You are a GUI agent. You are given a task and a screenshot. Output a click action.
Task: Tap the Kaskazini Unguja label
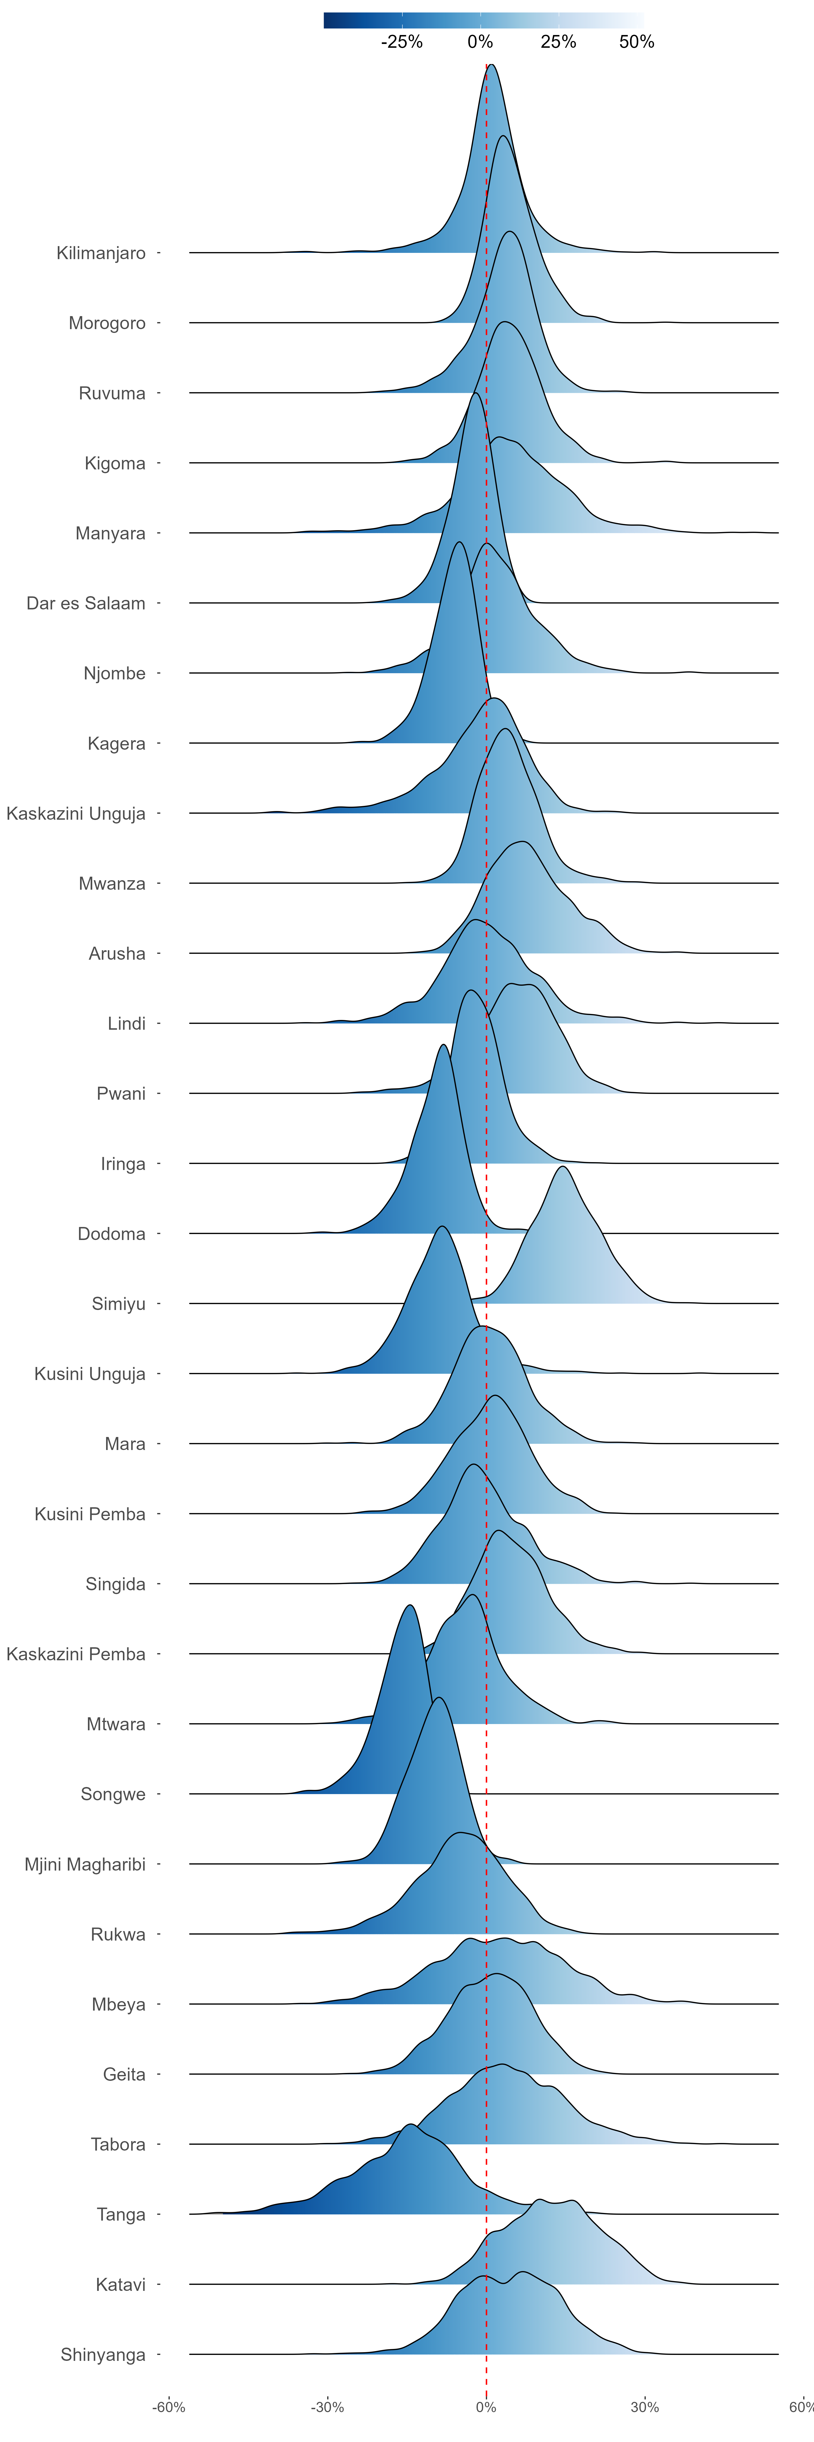point(76,813)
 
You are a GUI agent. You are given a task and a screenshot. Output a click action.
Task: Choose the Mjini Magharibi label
point(85,1865)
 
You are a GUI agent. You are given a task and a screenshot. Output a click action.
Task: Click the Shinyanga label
point(103,2355)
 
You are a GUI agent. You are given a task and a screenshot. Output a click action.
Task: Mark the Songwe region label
point(113,1795)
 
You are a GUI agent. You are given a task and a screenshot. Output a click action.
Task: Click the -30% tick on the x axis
point(328,2407)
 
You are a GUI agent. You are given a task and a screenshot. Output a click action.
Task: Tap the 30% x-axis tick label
point(644,2407)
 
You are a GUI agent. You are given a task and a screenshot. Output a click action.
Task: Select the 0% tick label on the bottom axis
point(486,2407)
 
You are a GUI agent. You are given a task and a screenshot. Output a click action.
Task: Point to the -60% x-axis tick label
point(170,2407)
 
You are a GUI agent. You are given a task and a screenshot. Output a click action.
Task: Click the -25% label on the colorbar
point(402,42)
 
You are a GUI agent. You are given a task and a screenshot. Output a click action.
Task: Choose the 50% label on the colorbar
point(637,42)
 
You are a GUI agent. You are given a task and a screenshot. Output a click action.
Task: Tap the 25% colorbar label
point(558,42)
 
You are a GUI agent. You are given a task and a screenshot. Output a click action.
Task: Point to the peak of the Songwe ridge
point(409,1605)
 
